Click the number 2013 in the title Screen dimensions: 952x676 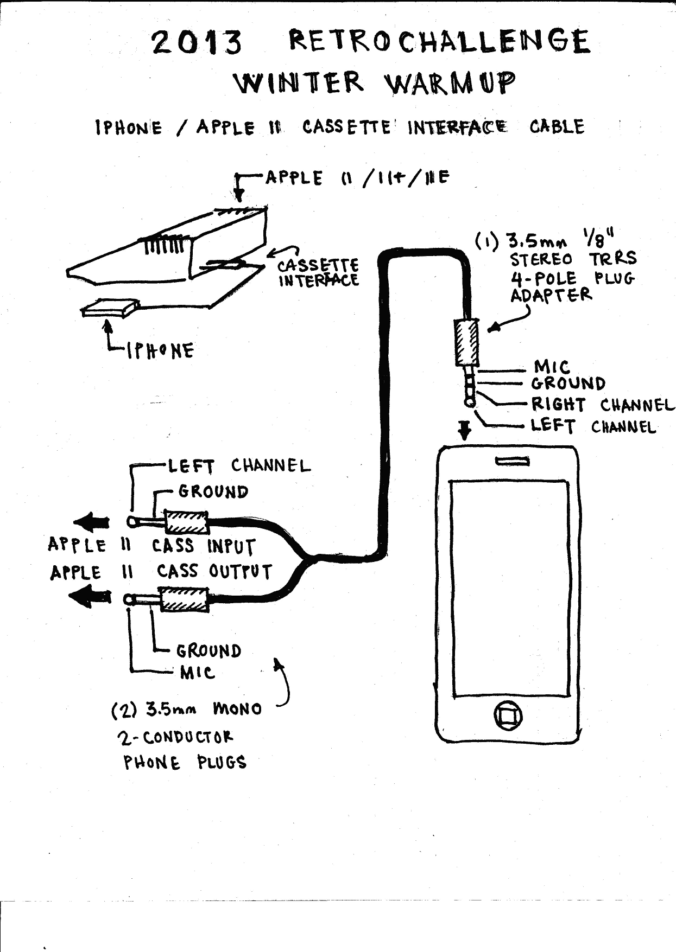click(197, 43)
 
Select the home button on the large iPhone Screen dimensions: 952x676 click(508, 716)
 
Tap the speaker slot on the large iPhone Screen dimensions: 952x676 click(511, 461)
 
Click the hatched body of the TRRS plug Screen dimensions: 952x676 click(466, 342)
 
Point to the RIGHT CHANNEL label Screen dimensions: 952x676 click(602, 405)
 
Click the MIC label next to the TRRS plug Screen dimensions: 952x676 click(552, 367)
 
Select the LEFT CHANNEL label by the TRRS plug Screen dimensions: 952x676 click(593, 426)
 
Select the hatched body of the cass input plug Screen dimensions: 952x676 click(186, 522)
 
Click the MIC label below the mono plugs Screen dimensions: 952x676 click(198, 673)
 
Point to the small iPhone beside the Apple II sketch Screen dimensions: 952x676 click(109, 310)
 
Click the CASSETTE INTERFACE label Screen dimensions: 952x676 click(318, 273)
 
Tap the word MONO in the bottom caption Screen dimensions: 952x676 click(237, 708)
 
